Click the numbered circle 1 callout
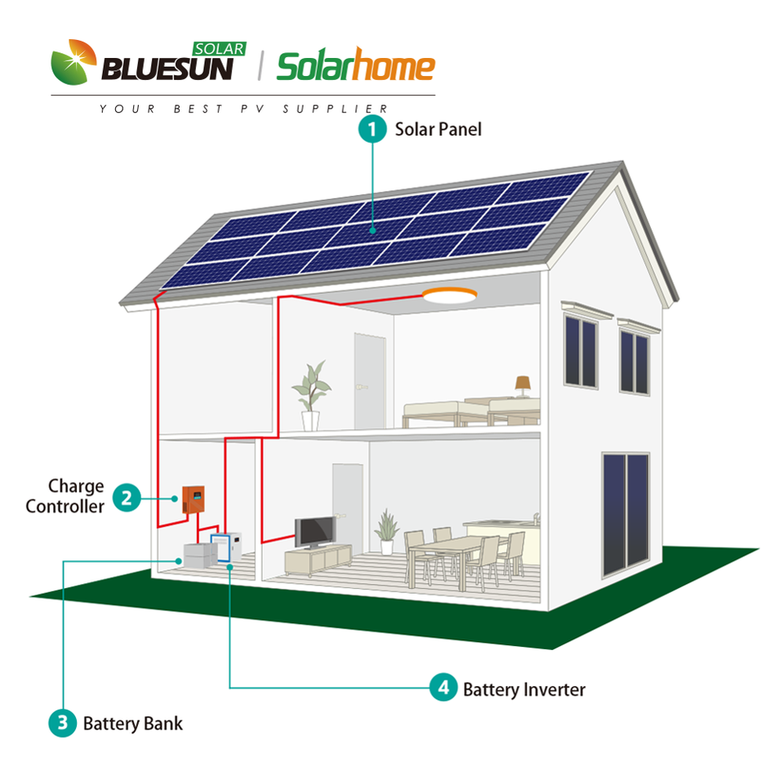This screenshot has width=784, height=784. [373, 130]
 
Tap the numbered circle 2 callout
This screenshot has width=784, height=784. [126, 497]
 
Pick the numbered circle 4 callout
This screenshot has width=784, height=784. [443, 688]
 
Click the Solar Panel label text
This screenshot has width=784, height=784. [439, 129]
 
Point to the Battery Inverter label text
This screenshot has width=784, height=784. [523, 689]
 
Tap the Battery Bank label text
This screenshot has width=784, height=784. [132, 724]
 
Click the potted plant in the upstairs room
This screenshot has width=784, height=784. [311, 395]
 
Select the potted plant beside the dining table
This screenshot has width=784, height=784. [387, 532]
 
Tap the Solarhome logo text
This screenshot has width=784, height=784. [356, 68]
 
